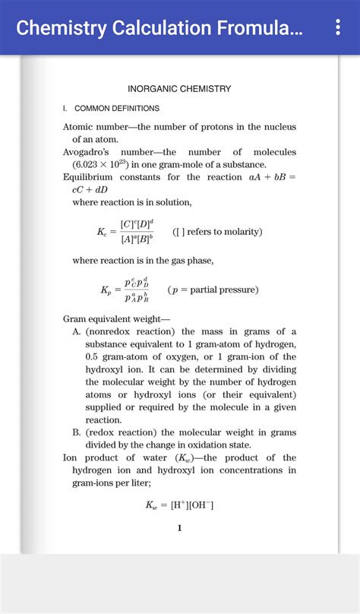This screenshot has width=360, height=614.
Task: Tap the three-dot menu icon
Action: (338, 28)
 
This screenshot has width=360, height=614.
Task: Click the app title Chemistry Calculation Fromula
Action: (159, 29)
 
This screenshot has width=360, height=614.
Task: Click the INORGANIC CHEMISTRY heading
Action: (179, 89)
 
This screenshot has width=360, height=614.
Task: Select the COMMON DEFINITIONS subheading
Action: (116, 109)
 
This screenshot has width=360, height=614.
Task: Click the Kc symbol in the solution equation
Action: (103, 232)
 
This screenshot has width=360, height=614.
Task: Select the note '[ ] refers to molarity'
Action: (217, 232)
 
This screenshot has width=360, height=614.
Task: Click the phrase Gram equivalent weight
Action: (114, 319)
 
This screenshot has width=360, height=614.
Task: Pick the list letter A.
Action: (77, 331)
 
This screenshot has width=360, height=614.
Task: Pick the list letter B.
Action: (77, 432)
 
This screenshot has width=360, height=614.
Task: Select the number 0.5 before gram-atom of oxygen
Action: (93, 357)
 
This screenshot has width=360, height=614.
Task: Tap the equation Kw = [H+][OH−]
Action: (179, 504)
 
